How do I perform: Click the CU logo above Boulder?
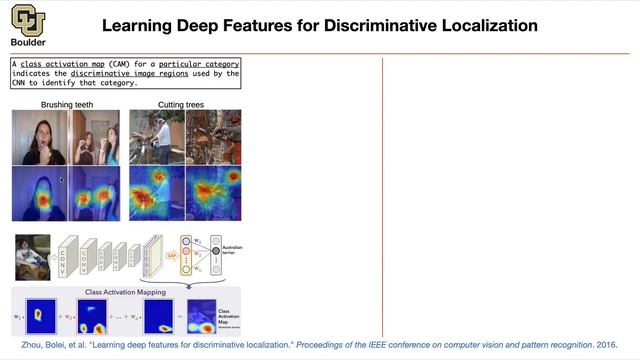point(28,20)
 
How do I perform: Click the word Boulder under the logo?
point(28,44)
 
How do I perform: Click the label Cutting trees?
point(184,104)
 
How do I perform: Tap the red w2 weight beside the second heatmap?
point(70,317)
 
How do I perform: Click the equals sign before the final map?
point(181,317)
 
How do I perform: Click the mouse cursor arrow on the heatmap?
point(61,181)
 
